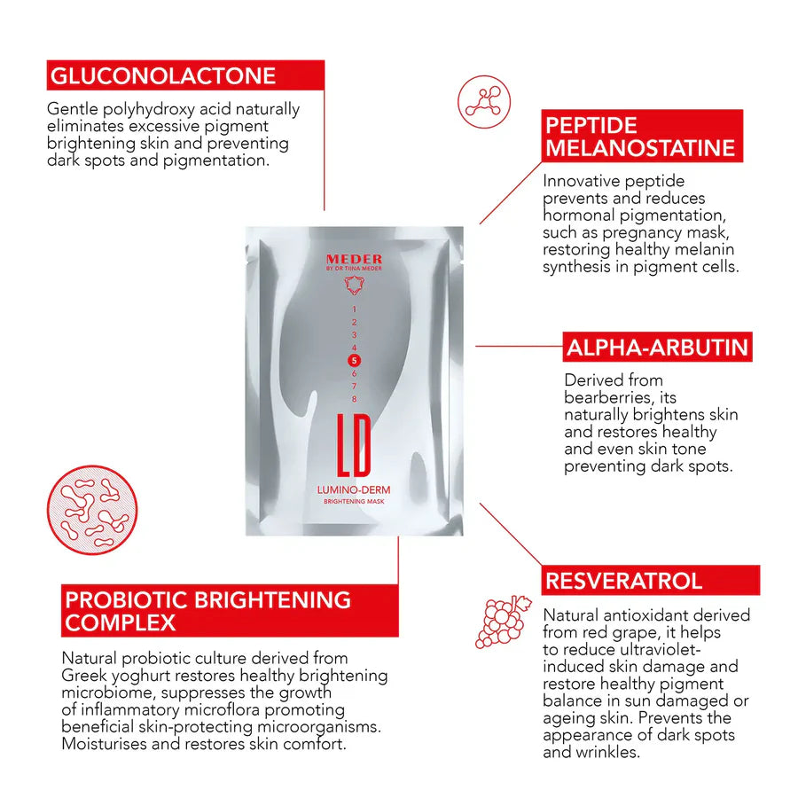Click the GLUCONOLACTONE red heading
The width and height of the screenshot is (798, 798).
[185, 75]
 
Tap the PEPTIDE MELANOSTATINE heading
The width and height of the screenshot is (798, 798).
[641, 136]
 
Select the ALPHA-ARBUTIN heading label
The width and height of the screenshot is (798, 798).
[657, 347]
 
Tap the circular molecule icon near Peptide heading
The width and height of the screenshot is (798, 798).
[484, 102]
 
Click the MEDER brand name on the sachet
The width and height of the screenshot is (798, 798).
[354, 259]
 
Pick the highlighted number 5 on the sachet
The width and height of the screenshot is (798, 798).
[354, 360]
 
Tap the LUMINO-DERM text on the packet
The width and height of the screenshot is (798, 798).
[354, 489]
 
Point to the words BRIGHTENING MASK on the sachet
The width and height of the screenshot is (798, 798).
[354, 503]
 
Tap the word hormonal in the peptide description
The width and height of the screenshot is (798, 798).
[583, 215]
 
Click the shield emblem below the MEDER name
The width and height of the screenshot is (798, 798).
[354, 284]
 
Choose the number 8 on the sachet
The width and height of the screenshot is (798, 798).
[354, 398]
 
